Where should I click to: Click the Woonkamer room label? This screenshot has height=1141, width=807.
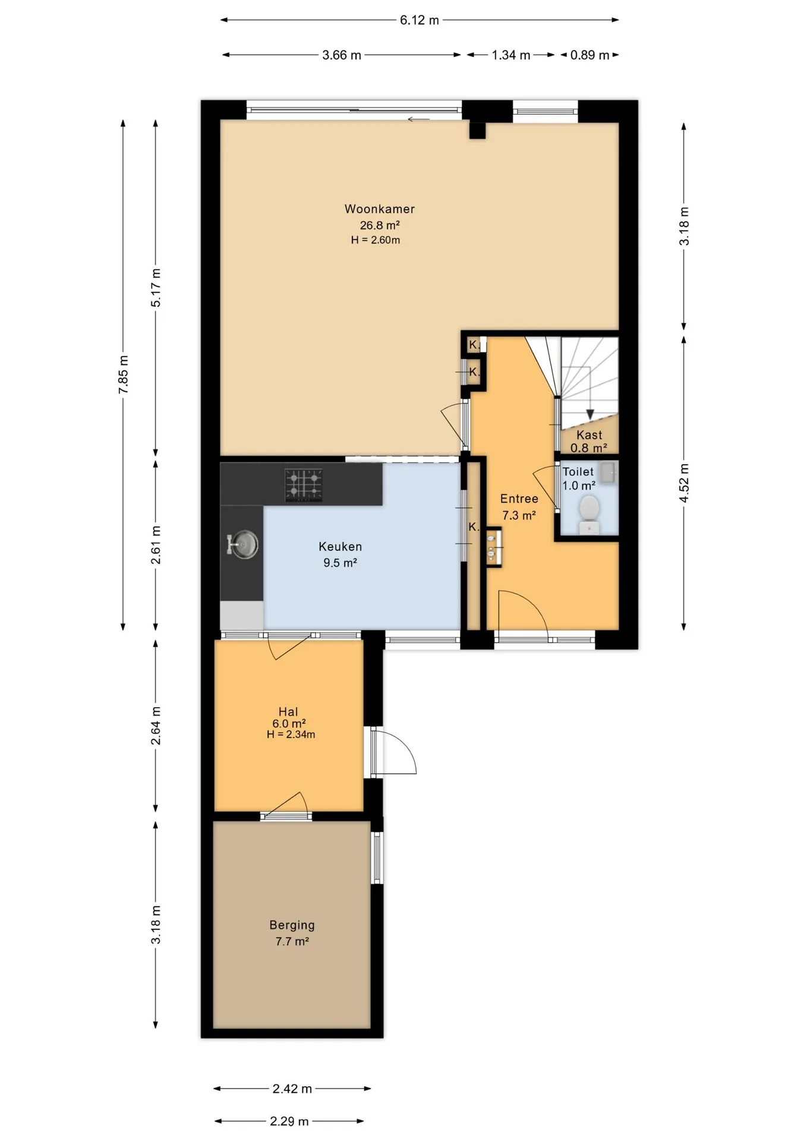click(379, 209)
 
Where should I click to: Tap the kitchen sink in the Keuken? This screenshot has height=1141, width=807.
click(244, 544)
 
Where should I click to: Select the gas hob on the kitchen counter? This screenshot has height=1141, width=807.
click(304, 485)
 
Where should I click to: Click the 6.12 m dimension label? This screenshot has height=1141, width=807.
click(419, 20)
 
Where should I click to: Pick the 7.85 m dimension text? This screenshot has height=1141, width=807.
click(123, 374)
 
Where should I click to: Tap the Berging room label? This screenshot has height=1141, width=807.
click(292, 925)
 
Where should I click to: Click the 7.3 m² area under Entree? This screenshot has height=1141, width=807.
click(519, 515)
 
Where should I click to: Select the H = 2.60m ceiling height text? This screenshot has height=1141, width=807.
click(375, 240)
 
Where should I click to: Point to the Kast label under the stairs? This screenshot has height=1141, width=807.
click(589, 435)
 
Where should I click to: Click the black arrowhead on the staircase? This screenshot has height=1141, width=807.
click(590, 415)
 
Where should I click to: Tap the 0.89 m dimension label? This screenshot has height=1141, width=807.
click(590, 55)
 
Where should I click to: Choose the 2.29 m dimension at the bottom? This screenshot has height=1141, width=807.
click(289, 1121)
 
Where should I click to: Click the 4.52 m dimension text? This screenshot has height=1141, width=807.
click(684, 483)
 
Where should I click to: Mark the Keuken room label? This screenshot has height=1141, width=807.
click(340, 546)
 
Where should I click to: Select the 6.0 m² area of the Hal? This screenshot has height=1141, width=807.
click(289, 723)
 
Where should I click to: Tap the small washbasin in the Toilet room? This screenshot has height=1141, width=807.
click(607, 472)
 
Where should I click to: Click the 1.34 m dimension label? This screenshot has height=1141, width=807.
click(510, 55)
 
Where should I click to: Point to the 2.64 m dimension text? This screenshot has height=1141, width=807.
click(156, 726)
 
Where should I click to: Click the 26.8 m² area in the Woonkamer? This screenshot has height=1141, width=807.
click(379, 225)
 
